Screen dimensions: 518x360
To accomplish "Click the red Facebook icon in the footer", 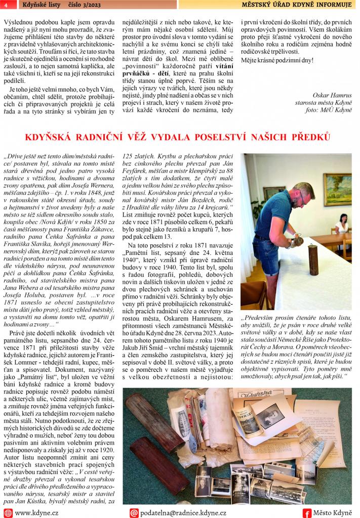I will pyautogui.click(x=306, y=512).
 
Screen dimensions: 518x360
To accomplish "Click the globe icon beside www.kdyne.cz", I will pyautogui.click(x=8, y=512).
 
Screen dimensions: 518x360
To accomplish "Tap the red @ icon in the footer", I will pyautogui.click(x=134, y=512).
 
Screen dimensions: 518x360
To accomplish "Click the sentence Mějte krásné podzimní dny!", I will pyautogui.click(x=277, y=60).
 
